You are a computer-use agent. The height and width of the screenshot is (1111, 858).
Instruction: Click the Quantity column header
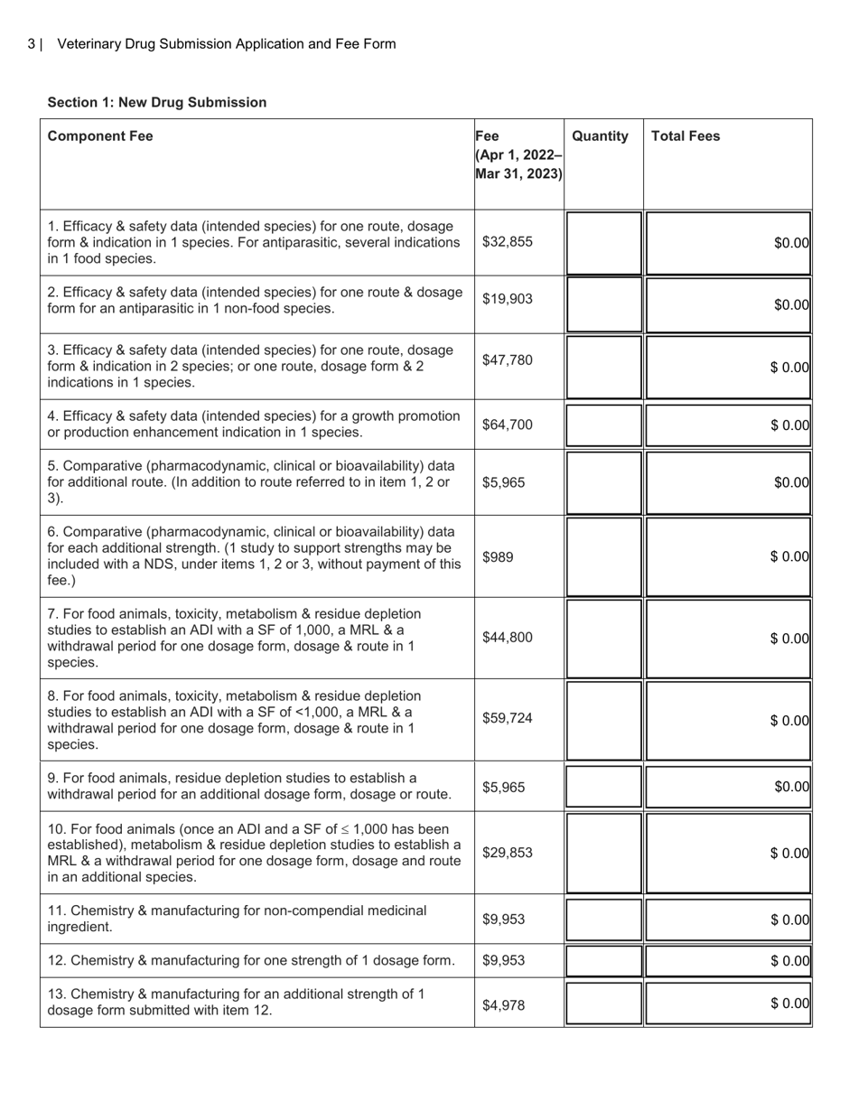pyautogui.click(x=600, y=136)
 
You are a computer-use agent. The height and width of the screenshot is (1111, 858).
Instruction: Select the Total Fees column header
pyautogui.click(x=685, y=136)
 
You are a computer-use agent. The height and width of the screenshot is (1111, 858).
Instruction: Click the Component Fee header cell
pyautogui.click(x=100, y=136)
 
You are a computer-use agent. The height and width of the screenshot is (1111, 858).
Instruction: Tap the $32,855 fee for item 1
pyautogui.click(x=508, y=242)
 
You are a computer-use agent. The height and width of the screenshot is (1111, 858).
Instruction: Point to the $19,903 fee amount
pyautogui.click(x=508, y=300)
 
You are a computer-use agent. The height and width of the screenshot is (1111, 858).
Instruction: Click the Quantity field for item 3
pyautogui.click(x=603, y=367)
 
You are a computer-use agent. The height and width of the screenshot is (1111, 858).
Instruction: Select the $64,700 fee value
pyautogui.click(x=508, y=425)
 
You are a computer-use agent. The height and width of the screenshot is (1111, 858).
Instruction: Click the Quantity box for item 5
pyautogui.click(x=603, y=482)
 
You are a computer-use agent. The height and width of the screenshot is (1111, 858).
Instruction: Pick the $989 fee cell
pyautogui.click(x=498, y=557)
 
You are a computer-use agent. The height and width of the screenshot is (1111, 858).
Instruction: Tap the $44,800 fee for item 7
pyautogui.click(x=508, y=638)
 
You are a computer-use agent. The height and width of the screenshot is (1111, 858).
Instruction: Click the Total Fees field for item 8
pyautogui.click(x=728, y=720)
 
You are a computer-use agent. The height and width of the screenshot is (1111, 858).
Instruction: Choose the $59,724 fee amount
pyautogui.click(x=508, y=719)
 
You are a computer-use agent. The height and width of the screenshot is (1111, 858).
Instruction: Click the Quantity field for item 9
pyautogui.click(x=603, y=787)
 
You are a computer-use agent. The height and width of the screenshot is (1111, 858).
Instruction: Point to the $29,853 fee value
pyautogui.click(x=508, y=853)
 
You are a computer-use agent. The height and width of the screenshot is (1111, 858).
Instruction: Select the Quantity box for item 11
pyautogui.click(x=603, y=920)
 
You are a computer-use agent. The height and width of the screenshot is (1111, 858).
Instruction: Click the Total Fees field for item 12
pyautogui.click(x=728, y=960)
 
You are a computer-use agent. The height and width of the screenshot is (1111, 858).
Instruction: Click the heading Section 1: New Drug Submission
pyautogui.click(x=157, y=102)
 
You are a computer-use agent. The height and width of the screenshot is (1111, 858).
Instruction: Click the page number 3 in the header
pyautogui.click(x=32, y=44)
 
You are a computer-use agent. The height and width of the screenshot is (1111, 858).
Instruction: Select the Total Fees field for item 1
pyautogui.click(x=728, y=242)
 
